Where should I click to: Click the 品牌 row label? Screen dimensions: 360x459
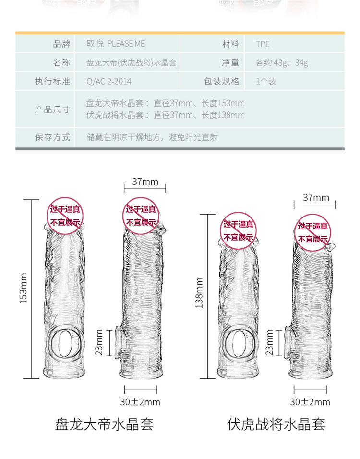[x=61, y=44]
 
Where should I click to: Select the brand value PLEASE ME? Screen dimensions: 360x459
[x=126, y=44]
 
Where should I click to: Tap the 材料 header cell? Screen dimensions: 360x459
[x=230, y=44]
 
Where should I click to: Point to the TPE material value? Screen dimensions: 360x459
[x=263, y=44]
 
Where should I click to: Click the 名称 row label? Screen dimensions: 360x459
[x=61, y=62]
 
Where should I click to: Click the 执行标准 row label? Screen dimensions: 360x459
[x=52, y=81]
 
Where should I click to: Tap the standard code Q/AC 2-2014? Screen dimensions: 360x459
[x=108, y=81]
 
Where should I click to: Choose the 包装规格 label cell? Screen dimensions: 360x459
[x=221, y=81]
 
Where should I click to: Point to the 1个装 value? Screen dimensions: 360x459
[x=266, y=81]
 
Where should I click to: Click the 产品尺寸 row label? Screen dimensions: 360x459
[x=52, y=109]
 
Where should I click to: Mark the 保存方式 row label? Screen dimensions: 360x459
[x=52, y=137]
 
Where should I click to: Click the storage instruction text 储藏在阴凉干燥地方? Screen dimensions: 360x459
[x=126, y=137]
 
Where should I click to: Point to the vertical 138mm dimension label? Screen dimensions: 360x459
[x=199, y=293]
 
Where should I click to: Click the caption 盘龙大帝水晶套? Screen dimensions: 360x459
[x=104, y=424]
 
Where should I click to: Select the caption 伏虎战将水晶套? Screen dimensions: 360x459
[x=276, y=424]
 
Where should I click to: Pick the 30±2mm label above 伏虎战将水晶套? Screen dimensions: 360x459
[x=310, y=402]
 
